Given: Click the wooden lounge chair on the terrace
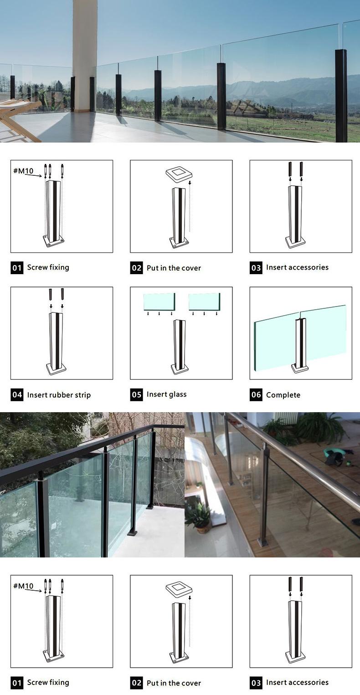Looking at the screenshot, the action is pyautogui.click(x=15, y=119).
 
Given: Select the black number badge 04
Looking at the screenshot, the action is pyautogui.click(x=17, y=395).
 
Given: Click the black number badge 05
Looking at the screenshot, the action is pyautogui.click(x=137, y=395).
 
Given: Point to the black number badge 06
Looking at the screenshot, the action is pyautogui.click(x=256, y=395).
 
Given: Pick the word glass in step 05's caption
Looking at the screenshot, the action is pyautogui.click(x=178, y=394).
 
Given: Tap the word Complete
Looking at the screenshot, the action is pyautogui.click(x=283, y=395).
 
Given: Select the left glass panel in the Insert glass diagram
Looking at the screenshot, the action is pyautogui.click(x=159, y=302).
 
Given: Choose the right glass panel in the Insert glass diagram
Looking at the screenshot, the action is pyautogui.click(x=204, y=302).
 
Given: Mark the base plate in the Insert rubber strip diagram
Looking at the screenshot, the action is pyautogui.click(x=56, y=368).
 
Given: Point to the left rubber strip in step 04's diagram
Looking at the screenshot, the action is pyautogui.click(x=51, y=295).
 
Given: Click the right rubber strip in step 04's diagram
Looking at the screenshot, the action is pyautogui.click(x=62, y=295).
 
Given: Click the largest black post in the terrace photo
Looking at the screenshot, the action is pyautogui.click(x=341, y=96).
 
